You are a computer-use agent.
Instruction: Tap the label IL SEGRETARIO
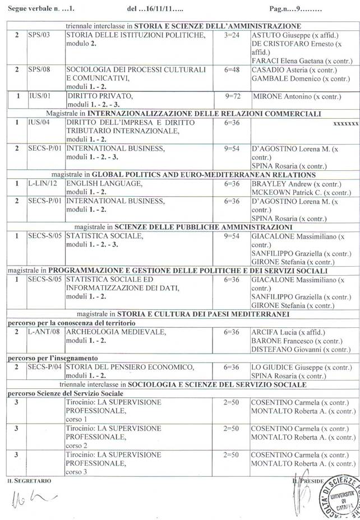[x=29, y=481]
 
